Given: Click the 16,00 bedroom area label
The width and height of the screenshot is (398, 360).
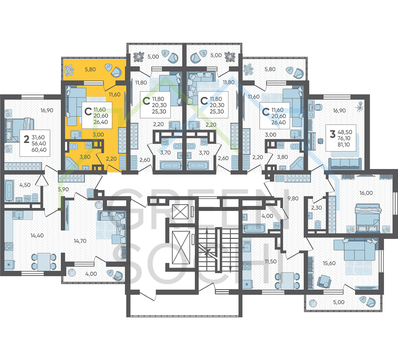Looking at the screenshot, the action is [x=366, y=193].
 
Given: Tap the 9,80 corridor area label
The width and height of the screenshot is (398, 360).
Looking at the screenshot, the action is [x=293, y=199].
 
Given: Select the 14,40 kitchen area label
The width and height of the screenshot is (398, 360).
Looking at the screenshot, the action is [x=37, y=236].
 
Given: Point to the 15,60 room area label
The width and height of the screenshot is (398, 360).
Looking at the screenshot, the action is [x=329, y=263].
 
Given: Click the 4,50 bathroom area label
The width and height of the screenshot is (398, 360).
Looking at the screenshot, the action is [x=25, y=185].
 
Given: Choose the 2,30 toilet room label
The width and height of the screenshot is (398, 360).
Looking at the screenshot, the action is [x=317, y=208].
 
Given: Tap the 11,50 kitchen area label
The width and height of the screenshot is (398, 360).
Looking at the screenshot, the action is [x=271, y=261].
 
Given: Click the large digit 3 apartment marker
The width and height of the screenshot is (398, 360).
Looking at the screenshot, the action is [x=333, y=134].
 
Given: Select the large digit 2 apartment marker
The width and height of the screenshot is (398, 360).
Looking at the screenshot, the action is [x=26, y=139].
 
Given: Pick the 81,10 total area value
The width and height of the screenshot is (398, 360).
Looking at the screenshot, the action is [x=344, y=145].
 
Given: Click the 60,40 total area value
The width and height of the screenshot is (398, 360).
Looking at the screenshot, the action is [x=39, y=150].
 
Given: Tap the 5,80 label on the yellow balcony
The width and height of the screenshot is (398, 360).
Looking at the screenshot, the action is [x=90, y=69].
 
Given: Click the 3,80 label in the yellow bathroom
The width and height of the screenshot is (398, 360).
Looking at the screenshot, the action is [x=85, y=157].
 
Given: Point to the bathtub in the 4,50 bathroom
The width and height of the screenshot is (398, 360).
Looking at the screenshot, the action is [x=9, y=191].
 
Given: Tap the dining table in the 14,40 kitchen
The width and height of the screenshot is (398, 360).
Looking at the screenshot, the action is [x=44, y=261].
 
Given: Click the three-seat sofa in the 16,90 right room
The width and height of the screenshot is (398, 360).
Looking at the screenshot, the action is [x=345, y=163].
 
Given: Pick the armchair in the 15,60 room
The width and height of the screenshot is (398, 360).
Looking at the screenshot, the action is [x=324, y=281].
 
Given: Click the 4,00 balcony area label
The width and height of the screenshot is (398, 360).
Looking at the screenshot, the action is [x=91, y=274].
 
